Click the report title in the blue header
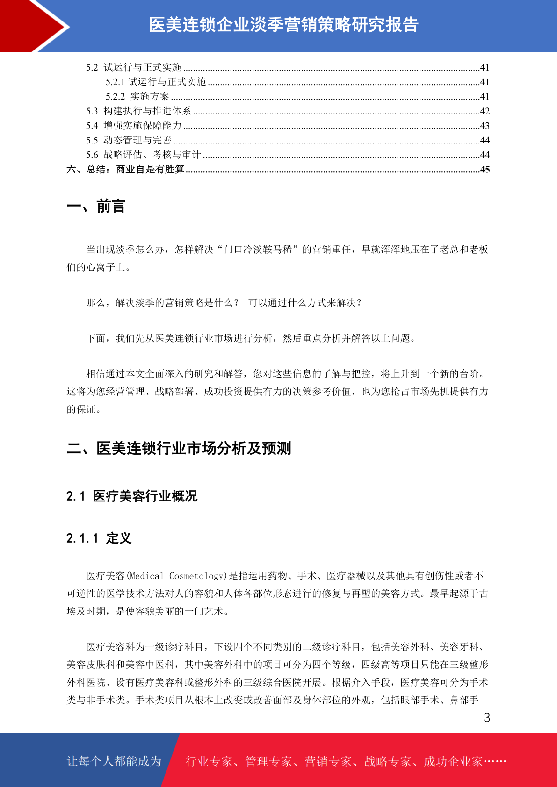[283, 25]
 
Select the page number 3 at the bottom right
[486, 718]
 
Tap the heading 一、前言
[96, 206]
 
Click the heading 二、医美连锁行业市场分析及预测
[179, 448]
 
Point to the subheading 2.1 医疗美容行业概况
[132, 496]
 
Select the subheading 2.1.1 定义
[99, 538]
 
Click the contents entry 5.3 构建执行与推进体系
[138, 111]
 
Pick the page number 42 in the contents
[485, 111]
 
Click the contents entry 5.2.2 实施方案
[137, 97]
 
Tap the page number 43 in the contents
[485, 126]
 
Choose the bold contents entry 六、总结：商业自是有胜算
[125, 169]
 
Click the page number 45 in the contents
[485, 169]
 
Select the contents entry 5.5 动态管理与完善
[129, 140]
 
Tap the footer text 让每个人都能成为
[114, 761]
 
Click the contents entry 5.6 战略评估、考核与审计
[143, 155]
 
